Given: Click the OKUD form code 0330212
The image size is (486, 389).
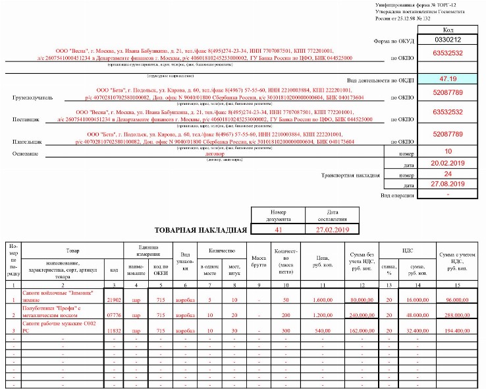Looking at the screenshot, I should (x=447, y=40).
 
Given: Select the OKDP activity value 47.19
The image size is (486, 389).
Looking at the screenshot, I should (x=447, y=79).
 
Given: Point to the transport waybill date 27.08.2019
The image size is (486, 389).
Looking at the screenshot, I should (x=447, y=185).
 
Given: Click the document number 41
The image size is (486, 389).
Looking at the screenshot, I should (x=278, y=229).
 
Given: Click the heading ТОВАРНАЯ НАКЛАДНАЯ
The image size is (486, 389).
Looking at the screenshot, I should (x=202, y=230).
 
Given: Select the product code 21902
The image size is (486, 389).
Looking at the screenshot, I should (x=114, y=300).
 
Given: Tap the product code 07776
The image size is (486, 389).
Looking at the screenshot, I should (x=114, y=316).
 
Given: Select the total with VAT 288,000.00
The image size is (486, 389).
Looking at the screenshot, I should (x=458, y=316).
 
